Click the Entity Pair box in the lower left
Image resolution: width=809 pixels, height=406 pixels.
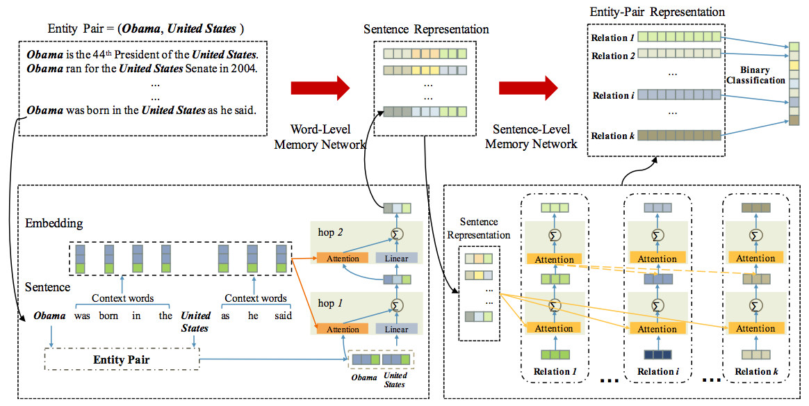(122, 360)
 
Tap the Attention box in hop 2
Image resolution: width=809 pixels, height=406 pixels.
(343, 259)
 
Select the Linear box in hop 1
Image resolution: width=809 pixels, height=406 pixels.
(397, 329)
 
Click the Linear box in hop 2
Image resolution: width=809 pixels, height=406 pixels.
(397, 259)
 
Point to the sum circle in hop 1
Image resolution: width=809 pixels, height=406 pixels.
(397, 304)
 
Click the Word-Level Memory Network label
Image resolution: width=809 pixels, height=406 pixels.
(320, 138)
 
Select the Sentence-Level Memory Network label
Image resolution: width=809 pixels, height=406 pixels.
(531, 137)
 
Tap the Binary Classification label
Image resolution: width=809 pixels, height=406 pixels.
(755, 75)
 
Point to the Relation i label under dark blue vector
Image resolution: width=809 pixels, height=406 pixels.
(657, 371)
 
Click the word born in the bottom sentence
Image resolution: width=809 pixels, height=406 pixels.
(110, 316)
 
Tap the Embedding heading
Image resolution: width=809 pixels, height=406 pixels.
(54, 223)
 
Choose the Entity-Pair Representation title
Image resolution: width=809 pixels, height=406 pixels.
(657, 12)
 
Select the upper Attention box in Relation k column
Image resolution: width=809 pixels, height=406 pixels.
(755, 259)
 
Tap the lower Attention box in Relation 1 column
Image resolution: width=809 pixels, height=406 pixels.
(554, 328)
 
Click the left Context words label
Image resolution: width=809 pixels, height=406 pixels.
(122, 298)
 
